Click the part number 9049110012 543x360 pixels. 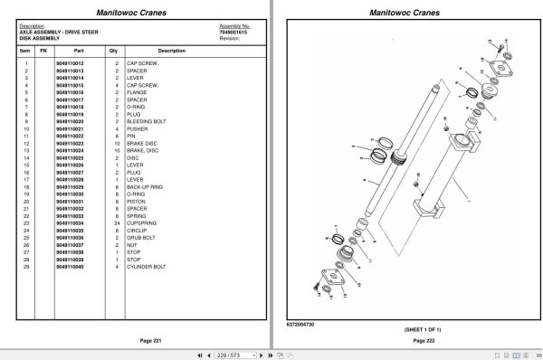pyautogui.click(x=69, y=63)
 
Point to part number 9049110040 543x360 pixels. pyautogui.click(x=69, y=267)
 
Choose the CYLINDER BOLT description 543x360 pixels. pyautogui.click(x=148, y=267)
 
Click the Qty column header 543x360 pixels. pyautogui.click(x=114, y=51)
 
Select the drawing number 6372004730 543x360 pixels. pyautogui.click(x=291, y=324)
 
